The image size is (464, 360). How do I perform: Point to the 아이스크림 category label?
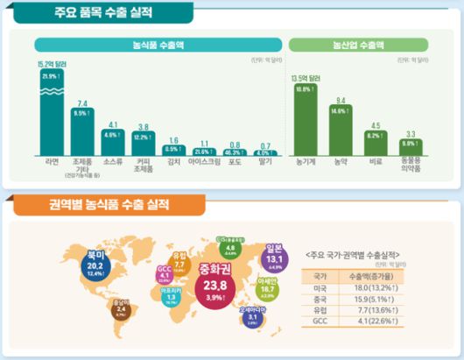coord(204,161)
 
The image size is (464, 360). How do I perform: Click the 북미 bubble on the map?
coord(94,261)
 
